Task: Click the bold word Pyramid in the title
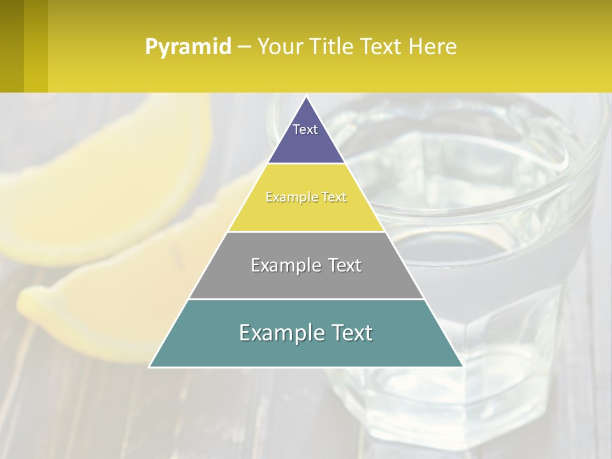pos(187,47)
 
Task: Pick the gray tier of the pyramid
pos(306,280)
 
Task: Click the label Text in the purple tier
pos(305,129)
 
